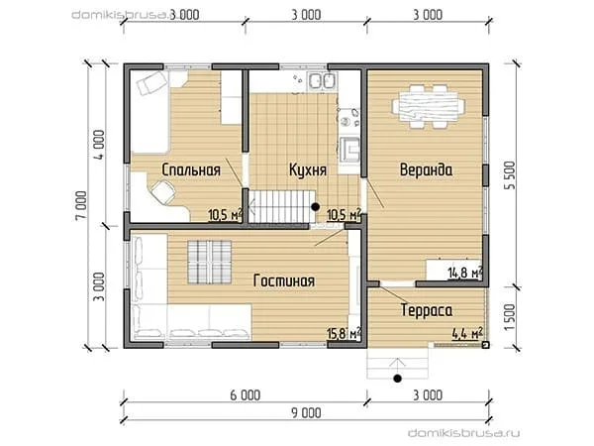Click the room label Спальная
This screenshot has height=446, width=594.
click(x=191, y=169)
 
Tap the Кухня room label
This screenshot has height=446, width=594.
click(x=308, y=169)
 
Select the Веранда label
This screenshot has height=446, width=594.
click(x=426, y=169)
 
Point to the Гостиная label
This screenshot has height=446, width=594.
click(x=284, y=280)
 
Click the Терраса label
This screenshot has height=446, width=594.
click(x=426, y=310)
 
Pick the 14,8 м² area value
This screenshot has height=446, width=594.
click(x=465, y=273)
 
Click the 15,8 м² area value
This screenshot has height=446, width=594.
click(x=344, y=333)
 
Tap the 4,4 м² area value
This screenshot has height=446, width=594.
click(x=467, y=333)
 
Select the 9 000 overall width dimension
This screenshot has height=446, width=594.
click(x=306, y=412)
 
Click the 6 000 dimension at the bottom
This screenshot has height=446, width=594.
click(x=246, y=395)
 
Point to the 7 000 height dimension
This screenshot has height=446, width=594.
click(x=81, y=205)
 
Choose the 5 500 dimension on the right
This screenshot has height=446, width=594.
click(x=510, y=175)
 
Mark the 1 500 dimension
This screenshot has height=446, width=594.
click(x=510, y=317)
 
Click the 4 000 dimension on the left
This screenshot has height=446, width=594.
click(x=98, y=145)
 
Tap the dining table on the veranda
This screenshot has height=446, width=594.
click(x=429, y=106)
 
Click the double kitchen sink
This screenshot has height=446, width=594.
click(x=322, y=81)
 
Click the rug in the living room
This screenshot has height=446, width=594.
click(x=210, y=262)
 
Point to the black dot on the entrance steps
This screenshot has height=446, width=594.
click(x=397, y=379)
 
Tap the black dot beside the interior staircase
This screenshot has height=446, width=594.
click(x=315, y=207)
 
